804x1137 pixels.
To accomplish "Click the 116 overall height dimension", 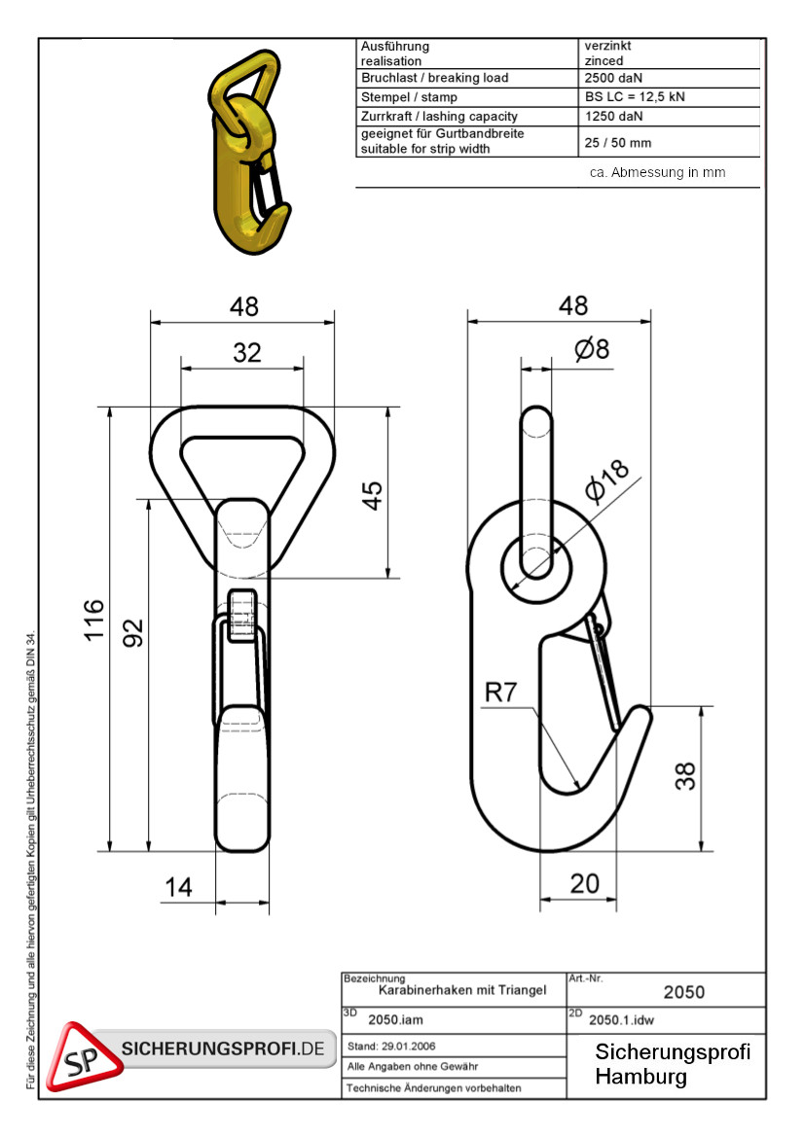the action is tap(94, 620).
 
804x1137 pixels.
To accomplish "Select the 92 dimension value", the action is tap(133, 632).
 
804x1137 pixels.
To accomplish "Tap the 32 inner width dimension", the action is tap(246, 352).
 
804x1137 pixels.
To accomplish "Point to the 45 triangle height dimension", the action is tap(372, 495).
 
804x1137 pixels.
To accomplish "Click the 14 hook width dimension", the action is tap(178, 887).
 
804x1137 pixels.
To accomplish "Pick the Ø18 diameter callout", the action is tap(607, 480).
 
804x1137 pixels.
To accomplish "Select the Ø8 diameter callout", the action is tap(592, 349).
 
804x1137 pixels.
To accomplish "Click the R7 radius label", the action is tap(500, 692).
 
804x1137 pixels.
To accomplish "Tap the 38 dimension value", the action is tap(685, 776).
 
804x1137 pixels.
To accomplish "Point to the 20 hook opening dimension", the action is tap(584, 883).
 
